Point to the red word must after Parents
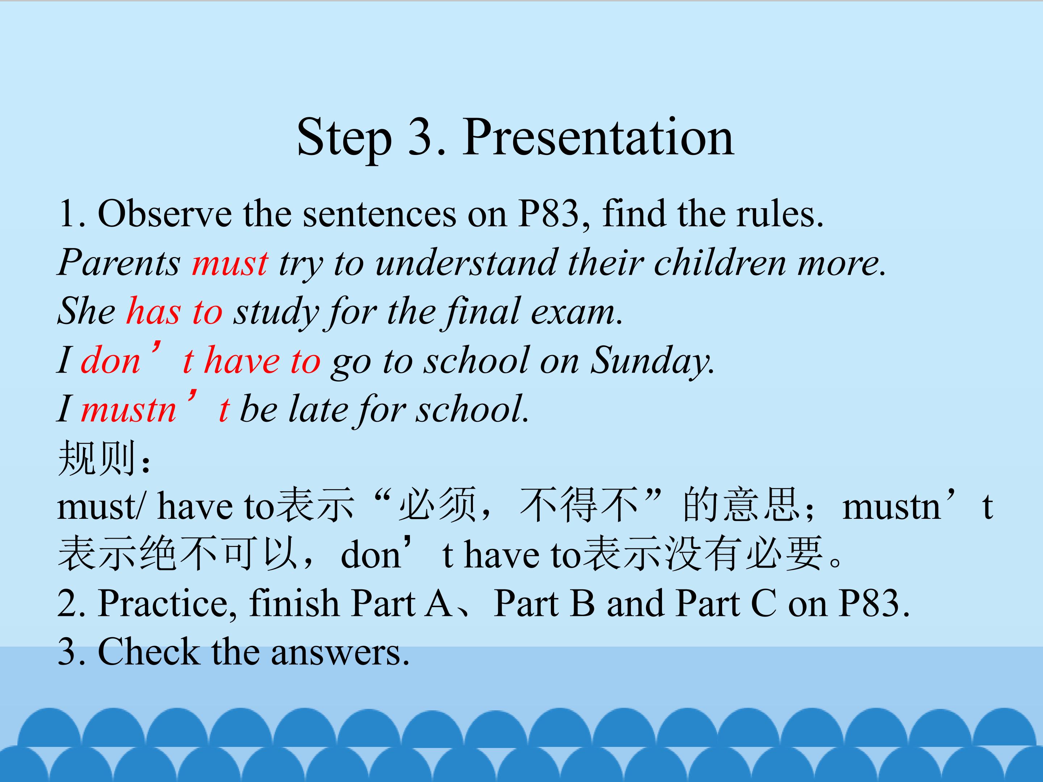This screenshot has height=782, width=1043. (x=230, y=263)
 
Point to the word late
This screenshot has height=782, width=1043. (x=318, y=408)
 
